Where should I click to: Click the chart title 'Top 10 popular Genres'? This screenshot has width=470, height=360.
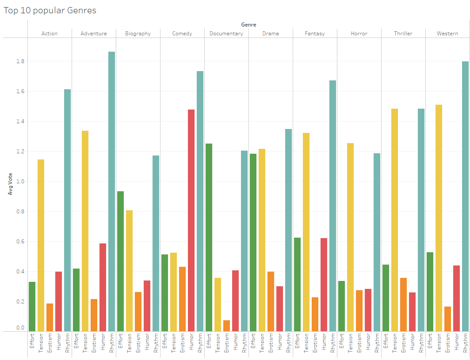coord(50,10)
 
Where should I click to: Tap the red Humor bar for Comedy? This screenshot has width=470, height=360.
coord(191,220)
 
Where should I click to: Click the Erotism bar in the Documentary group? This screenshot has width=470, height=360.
coord(226,326)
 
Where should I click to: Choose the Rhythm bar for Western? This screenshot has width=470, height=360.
coord(465,196)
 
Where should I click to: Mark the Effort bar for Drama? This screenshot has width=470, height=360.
coord(253,243)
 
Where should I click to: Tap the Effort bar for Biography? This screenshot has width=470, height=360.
coord(120,261)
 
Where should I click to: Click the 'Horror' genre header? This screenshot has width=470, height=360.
coord(359,34)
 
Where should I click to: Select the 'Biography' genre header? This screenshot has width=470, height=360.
coord(138,34)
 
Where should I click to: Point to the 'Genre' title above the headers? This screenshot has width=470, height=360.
coord(248,25)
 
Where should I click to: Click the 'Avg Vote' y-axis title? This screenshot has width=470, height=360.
coord(10,185)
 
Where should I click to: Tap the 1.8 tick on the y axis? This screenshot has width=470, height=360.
coord(21,61)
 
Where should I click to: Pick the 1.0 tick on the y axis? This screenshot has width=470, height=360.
coord(21,182)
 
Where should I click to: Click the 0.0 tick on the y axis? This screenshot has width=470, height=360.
coord(21,328)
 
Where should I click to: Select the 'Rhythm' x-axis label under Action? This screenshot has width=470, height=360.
coord(68,342)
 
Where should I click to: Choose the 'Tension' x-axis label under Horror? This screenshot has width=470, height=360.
coord(351,342)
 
